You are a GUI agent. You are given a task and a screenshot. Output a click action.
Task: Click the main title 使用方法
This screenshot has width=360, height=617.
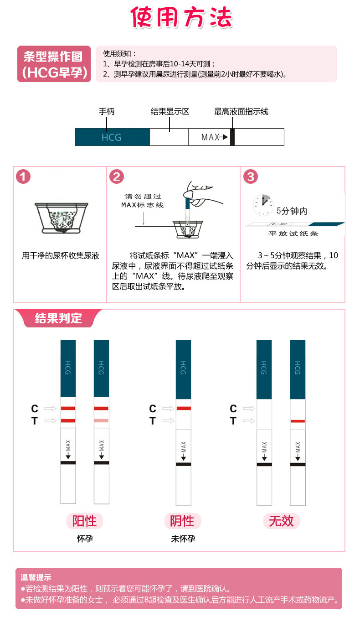point(181,18)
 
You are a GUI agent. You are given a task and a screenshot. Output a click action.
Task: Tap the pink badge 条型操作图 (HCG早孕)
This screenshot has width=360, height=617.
point(54,64)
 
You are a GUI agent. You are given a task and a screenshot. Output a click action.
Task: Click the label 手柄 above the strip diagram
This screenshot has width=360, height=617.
point(107,111)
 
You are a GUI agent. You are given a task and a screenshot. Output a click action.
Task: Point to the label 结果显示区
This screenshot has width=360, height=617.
point(170,111)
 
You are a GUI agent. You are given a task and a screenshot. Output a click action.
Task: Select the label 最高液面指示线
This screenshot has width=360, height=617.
point(241,111)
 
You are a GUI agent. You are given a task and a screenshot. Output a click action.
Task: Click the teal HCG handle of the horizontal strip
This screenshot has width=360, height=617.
point(112,137)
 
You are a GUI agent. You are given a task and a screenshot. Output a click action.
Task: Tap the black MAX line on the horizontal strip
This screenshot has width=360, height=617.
point(232,137)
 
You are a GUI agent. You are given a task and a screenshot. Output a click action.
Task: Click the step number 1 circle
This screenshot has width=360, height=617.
point(23,176)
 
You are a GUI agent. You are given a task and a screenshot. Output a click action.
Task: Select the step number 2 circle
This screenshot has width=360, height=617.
point(117,176)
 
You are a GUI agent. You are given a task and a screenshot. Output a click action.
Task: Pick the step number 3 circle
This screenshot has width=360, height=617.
point(250,176)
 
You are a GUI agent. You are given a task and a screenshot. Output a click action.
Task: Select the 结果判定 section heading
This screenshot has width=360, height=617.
point(58,318)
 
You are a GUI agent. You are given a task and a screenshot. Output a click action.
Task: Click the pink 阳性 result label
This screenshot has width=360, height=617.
point(85,521)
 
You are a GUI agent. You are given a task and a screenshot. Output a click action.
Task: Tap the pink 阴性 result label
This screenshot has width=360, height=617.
point(182,521)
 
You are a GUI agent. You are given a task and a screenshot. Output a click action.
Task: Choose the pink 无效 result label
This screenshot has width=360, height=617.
point(281,521)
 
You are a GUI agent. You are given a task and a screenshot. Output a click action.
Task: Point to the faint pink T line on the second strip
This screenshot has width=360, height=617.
point(101,420)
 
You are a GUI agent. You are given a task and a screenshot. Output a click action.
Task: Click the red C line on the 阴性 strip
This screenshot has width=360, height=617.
point(183,408)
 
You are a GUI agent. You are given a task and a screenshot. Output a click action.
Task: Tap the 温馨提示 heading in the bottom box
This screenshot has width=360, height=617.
point(36,577)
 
